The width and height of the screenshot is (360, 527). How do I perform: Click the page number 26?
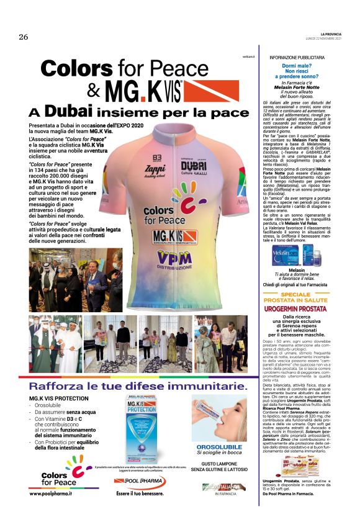(x=23, y=37)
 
